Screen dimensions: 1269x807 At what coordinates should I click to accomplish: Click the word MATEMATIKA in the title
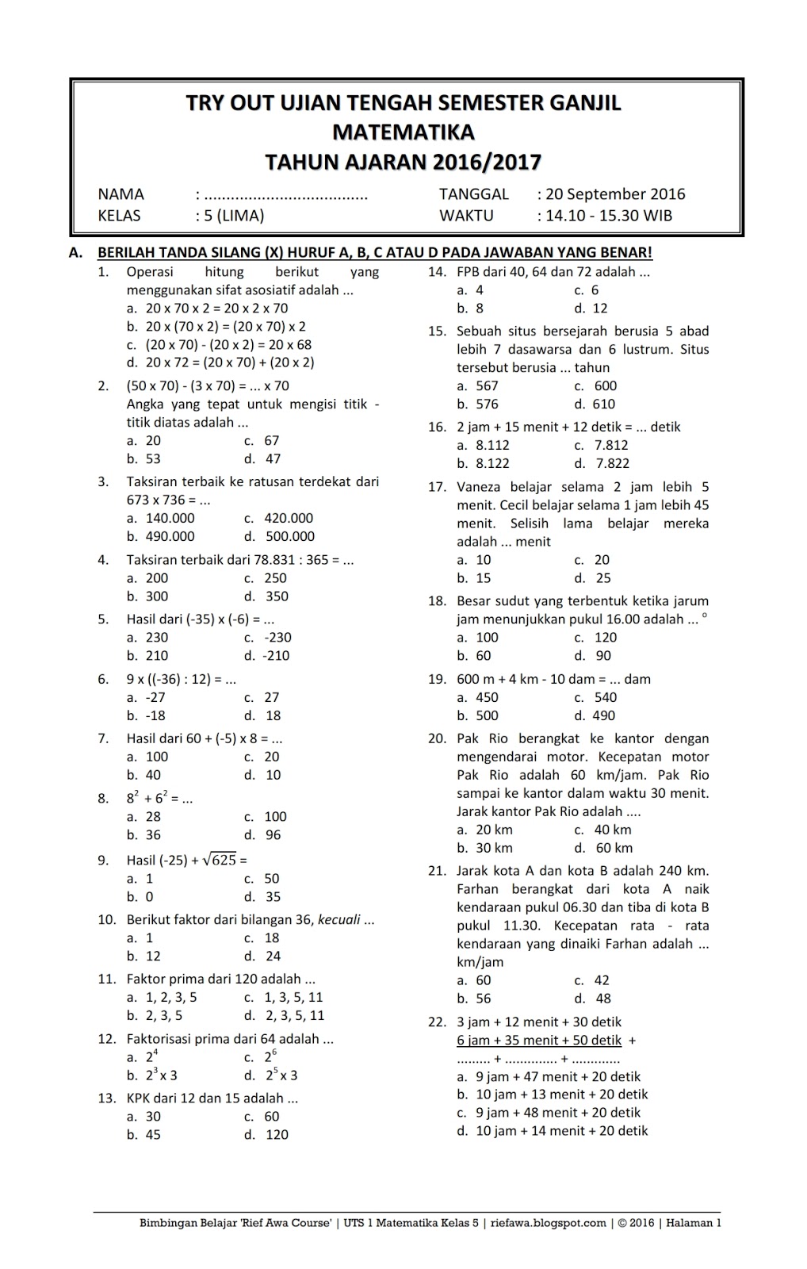[403, 132]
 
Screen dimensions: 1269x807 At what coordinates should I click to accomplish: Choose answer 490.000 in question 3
[170, 536]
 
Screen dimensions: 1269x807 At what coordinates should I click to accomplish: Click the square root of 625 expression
[220, 859]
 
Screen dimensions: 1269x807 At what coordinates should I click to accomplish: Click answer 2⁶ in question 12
[271, 1056]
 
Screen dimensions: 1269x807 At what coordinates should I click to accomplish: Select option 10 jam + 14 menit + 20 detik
[561, 1131]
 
